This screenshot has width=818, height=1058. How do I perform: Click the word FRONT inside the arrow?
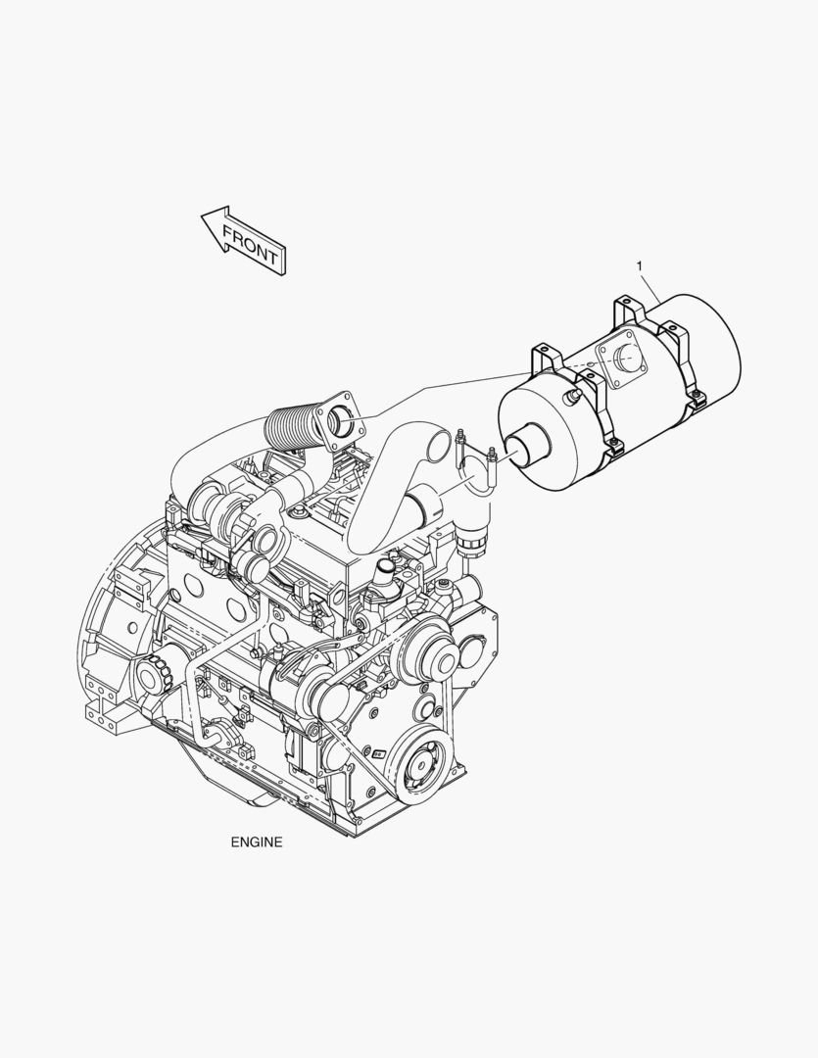(x=250, y=246)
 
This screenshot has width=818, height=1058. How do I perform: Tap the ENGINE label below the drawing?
(x=257, y=842)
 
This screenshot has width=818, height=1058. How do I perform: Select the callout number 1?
(x=640, y=266)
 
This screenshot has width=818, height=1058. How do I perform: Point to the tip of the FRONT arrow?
(x=202, y=216)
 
